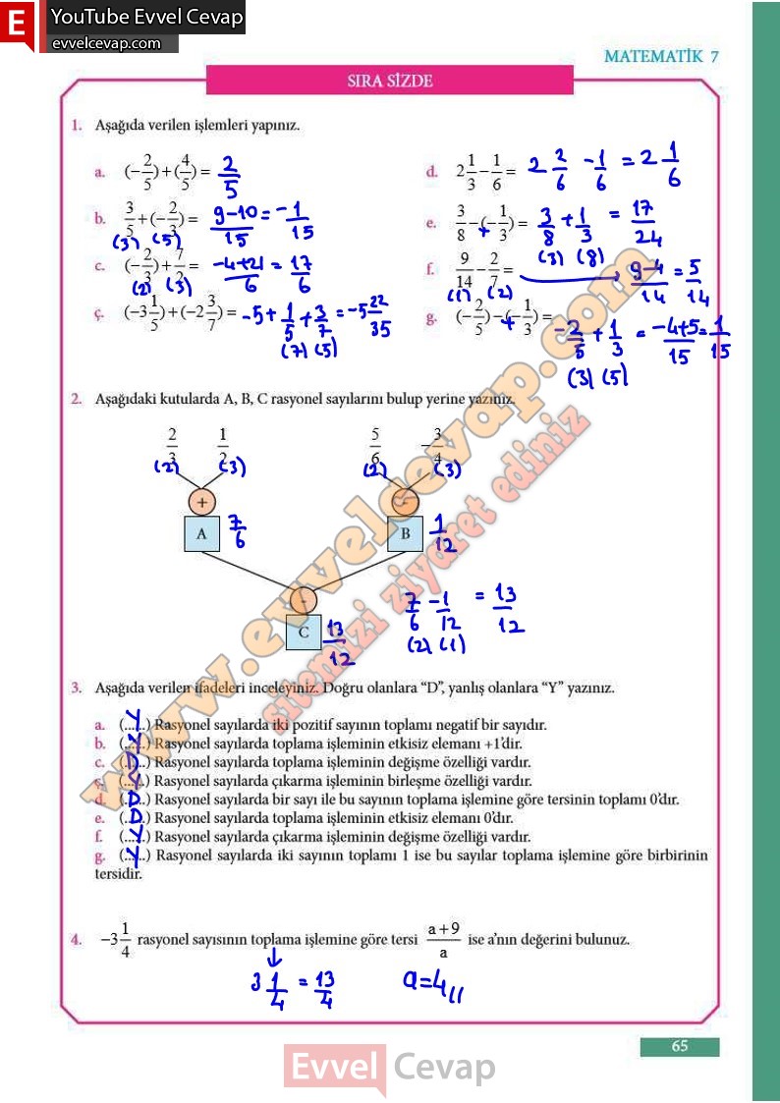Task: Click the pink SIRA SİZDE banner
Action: pyautogui.click(x=390, y=81)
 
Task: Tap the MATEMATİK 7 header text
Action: pyautogui.click(x=661, y=56)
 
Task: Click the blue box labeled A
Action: pyautogui.click(x=201, y=533)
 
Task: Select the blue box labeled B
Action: pyautogui.click(x=405, y=534)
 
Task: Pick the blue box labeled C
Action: pyautogui.click(x=304, y=633)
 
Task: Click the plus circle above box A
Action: pyautogui.click(x=201, y=501)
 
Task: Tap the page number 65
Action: pyautogui.click(x=680, y=1047)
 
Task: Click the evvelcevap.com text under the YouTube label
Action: pyautogui.click(x=106, y=43)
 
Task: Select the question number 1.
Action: pyautogui.click(x=76, y=126)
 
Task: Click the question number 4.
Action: pyautogui.click(x=76, y=940)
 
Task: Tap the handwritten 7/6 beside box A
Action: pyautogui.click(x=238, y=530)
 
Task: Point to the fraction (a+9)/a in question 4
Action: pyautogui.click(x=444, y=940)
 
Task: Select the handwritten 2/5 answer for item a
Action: pyautogui.click(x=229, y=175)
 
